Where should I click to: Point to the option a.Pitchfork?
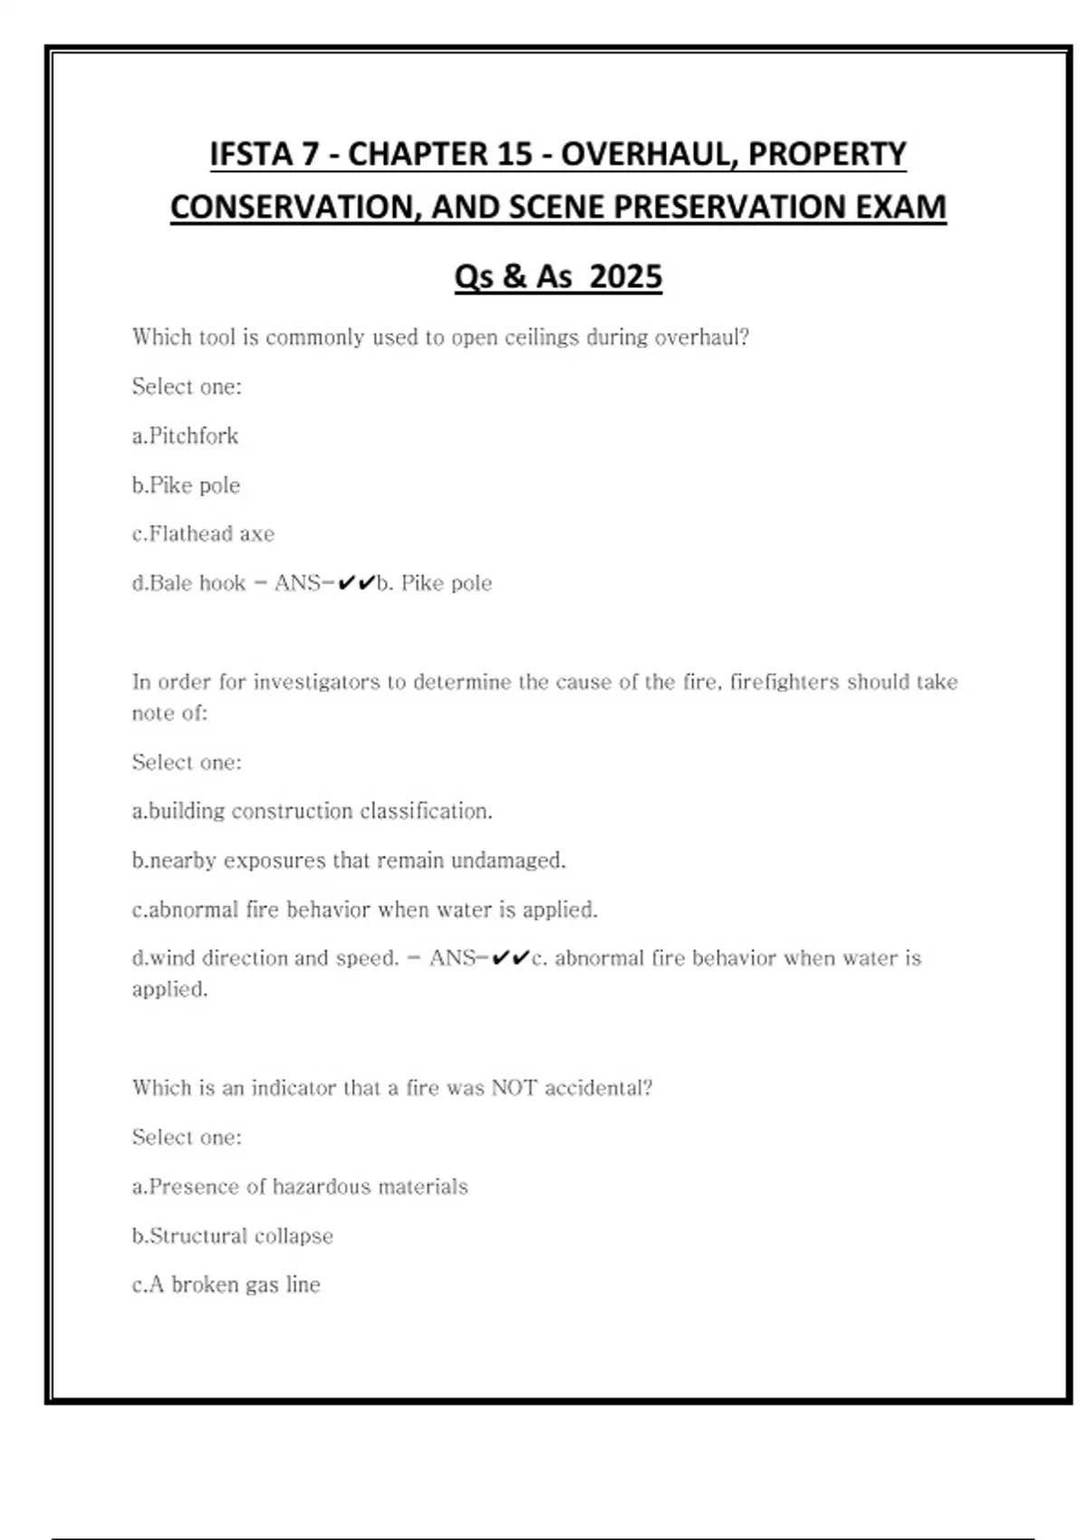coord(185,436)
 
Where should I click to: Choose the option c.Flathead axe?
coord(203,534)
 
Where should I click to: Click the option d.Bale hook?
coord(188,582)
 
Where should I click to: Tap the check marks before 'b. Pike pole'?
coord(356,583)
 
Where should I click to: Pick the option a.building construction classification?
coord(312,811)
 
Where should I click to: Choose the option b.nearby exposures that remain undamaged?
coord(349,860)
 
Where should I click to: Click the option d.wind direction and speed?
coord(265,958)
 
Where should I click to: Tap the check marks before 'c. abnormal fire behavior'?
coord(511,958)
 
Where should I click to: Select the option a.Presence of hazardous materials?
coord(300,1186)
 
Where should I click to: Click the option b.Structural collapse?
coord(232,1236)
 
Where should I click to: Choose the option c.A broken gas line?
coord(226,1285)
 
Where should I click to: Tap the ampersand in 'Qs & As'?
coord(514,276)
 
